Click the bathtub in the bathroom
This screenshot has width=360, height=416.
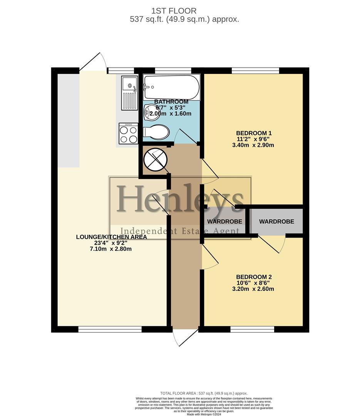coord(171,87)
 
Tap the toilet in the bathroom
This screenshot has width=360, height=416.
coord(156,132)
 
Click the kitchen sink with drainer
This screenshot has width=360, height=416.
coord(129,92)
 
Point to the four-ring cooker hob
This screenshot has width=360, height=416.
coord(128,134)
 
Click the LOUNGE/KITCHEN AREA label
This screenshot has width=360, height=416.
coord(111,237)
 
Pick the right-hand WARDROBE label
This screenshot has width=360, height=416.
coord(276,221)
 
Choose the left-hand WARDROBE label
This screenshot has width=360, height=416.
coord(224,221)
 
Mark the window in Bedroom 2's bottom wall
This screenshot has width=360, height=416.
coord(252,329)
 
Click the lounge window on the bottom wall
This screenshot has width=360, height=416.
coord(110,329)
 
